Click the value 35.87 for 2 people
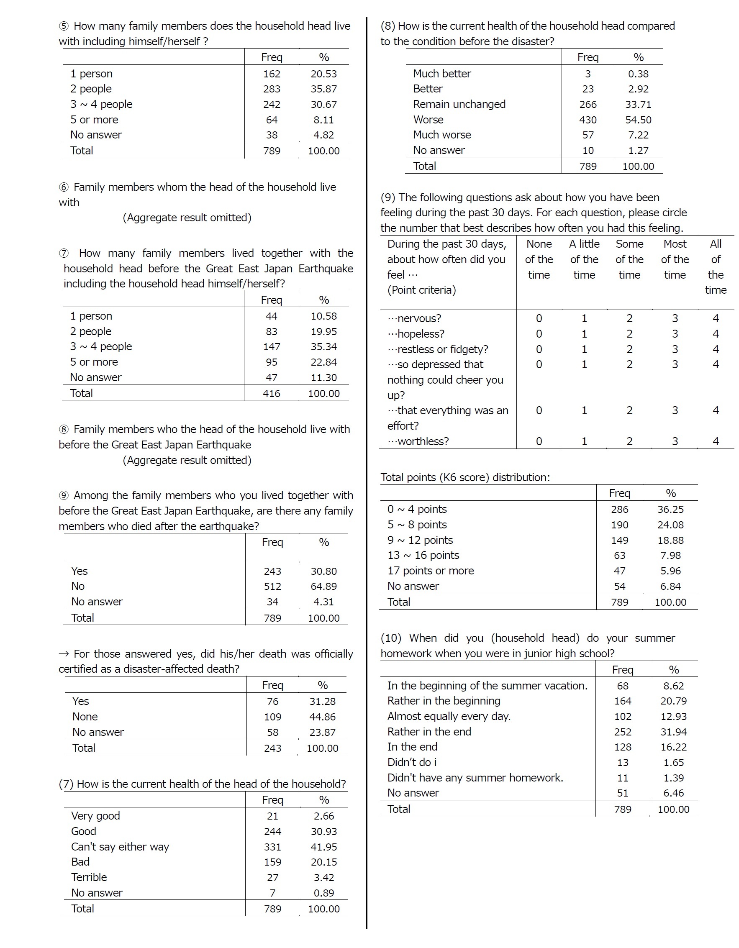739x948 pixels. click(323, 89)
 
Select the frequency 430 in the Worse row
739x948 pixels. click(588, 120)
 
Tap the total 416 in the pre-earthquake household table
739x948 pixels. click(272, 393)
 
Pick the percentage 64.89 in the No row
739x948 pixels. click(323, 587)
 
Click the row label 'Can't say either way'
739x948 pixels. click(120, 846)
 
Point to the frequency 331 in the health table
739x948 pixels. click(272, 847)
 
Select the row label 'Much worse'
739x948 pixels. click(441, 135)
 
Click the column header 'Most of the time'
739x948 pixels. click(674, 259)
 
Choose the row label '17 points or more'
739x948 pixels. click(430, 571)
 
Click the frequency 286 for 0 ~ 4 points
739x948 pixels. click(619, 509)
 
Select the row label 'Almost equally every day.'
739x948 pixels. click(449, 716)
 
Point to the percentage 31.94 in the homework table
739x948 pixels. click(673, 732)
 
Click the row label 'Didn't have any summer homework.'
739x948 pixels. click(475, 778)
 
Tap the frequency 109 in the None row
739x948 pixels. click(272, 717)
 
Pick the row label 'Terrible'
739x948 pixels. click(89, 877)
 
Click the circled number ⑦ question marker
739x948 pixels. click(64, 254)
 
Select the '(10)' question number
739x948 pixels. click(391, 638)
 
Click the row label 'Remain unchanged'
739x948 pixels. click(459, 104)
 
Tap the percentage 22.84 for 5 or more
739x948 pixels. click(323, 362)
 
